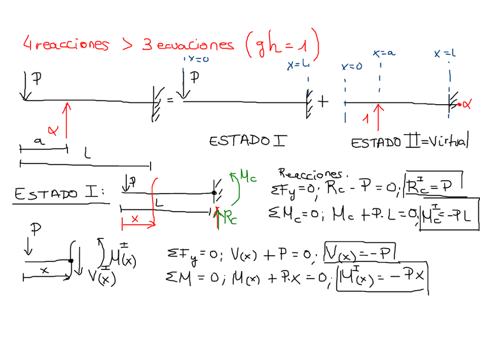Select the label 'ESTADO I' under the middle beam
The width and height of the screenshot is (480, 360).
click(247, 140)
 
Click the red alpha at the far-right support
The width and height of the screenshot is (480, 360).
click(466, 104)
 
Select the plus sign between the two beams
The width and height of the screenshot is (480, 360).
click(323, 101)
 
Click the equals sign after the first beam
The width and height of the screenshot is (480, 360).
click(170, 100)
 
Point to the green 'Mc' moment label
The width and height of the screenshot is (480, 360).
click(247, 177)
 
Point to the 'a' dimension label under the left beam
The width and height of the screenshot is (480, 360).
click(38, 143)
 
